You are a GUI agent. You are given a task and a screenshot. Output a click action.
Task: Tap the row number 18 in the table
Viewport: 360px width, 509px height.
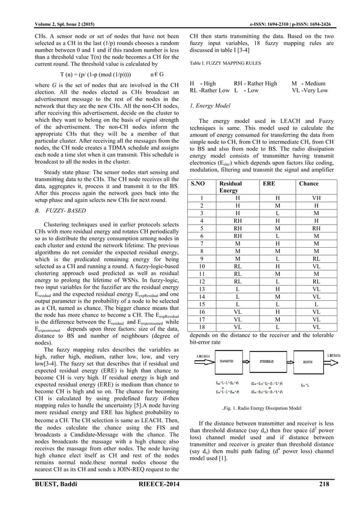tap(202, 327)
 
